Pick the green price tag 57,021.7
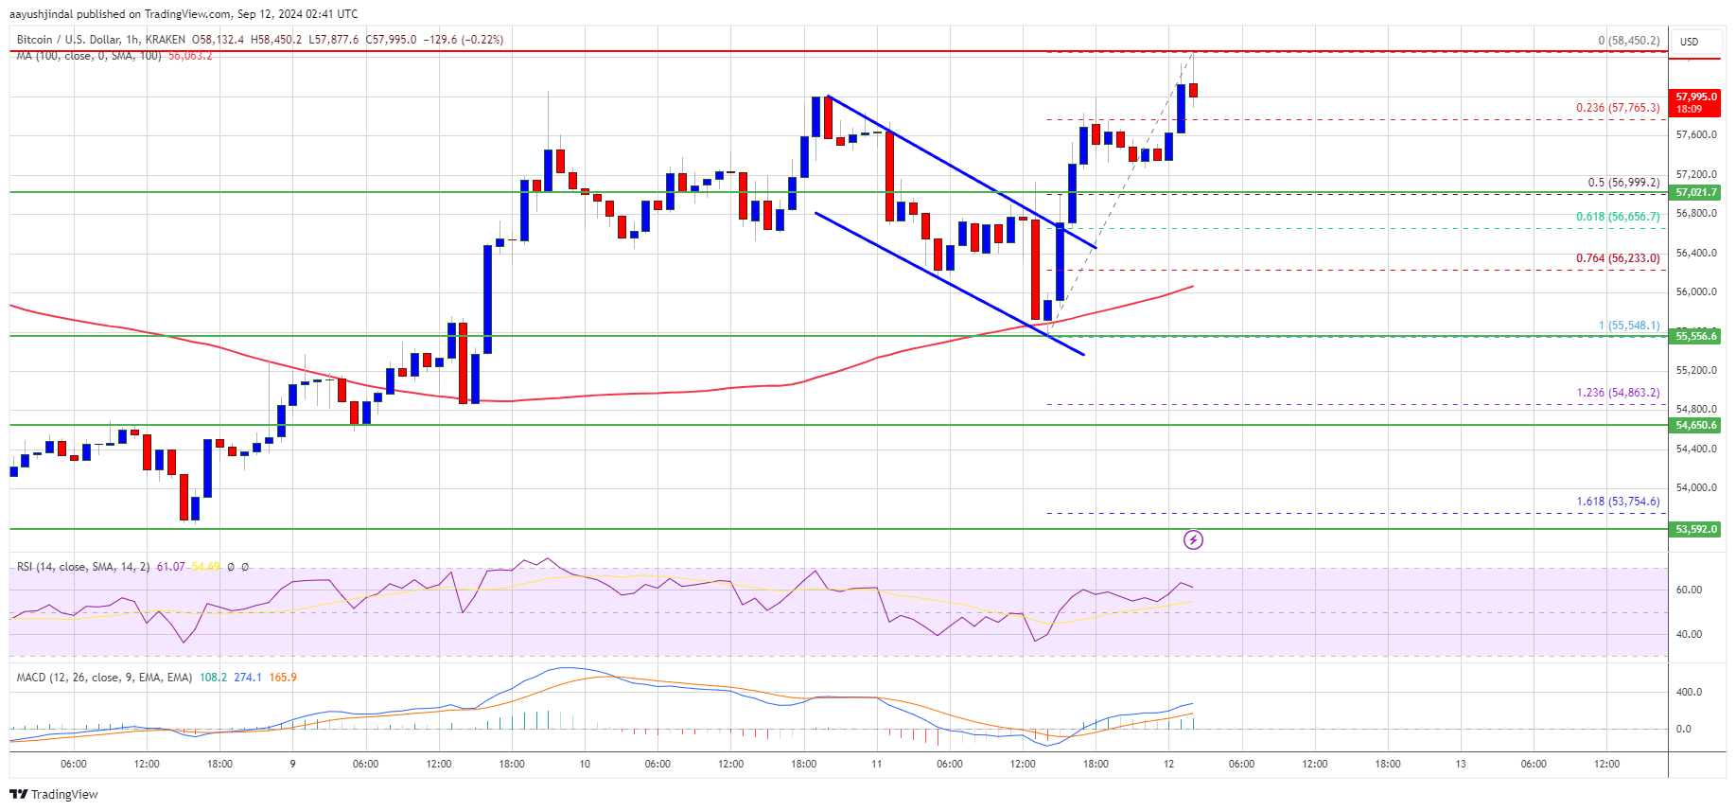click(1695, 192)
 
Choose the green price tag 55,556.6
click(1695, 336)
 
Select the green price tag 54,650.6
click(1695, 425)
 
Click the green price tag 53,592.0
click(1695, 529)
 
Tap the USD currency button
click(1689, 42)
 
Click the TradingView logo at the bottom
click(54, 794)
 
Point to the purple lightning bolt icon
click(1193, 539)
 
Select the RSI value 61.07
click(171, 567)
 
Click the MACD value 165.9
click(283, 678)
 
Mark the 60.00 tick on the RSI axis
click(1689, 590)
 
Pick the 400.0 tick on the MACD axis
click(1689, 692)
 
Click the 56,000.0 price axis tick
click(1695, 291)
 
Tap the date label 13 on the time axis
click(1461, 764)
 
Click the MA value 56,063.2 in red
click(190, 56)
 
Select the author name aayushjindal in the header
click(41, 14)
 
